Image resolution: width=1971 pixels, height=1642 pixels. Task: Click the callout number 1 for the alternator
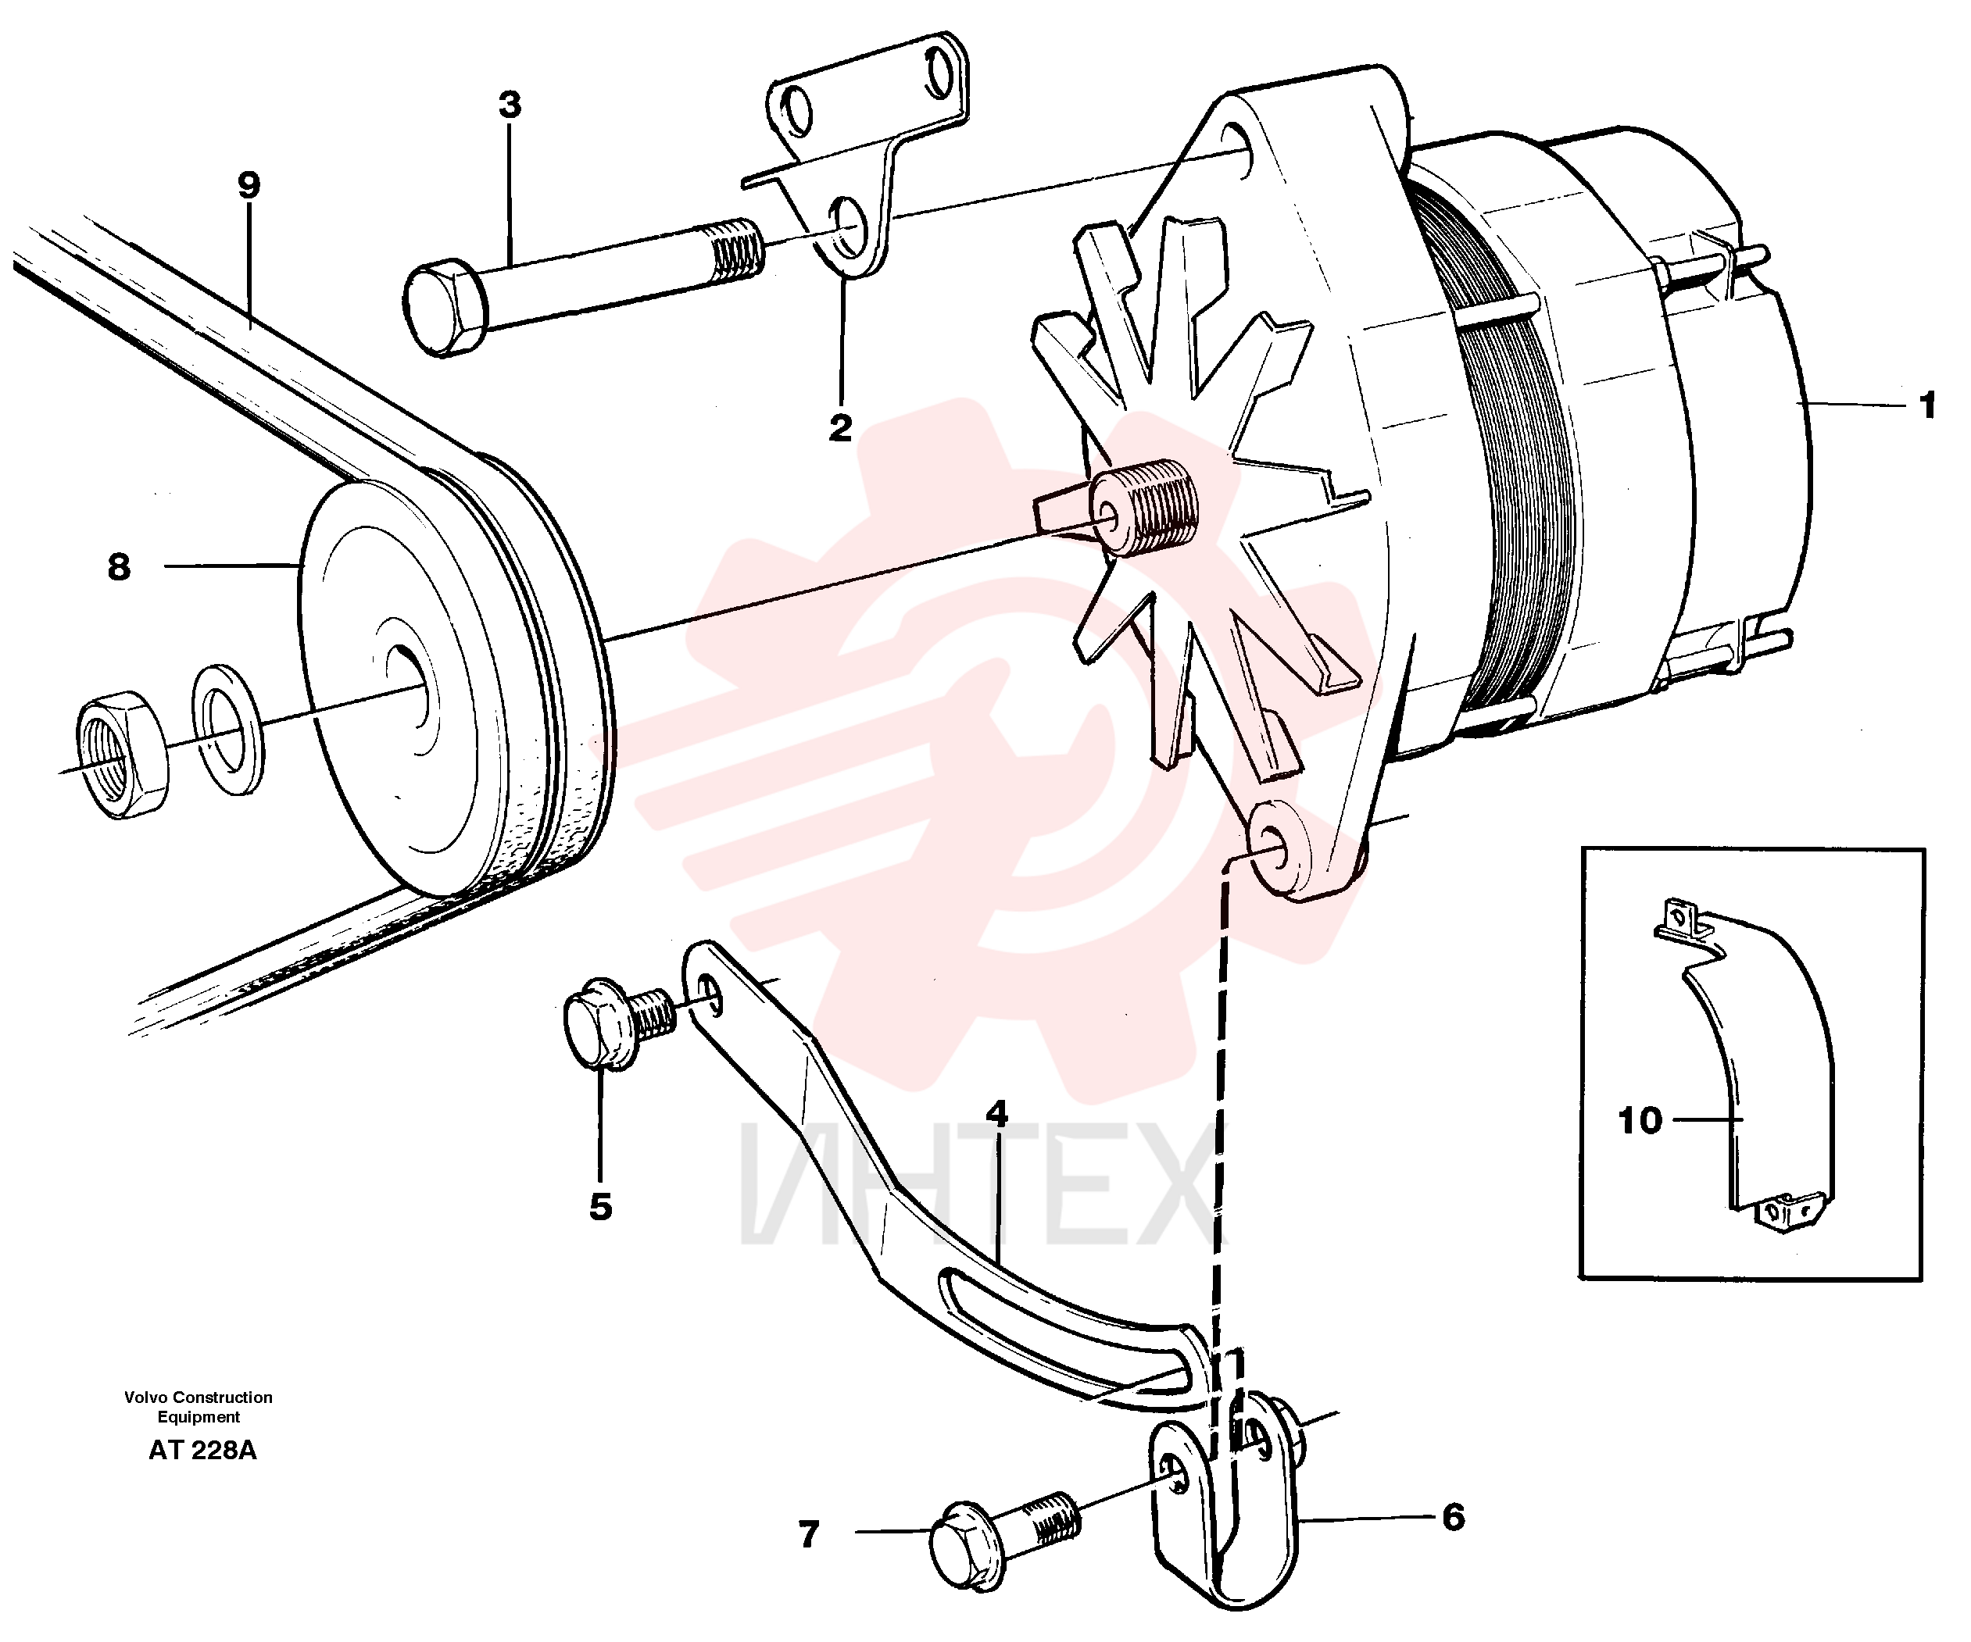pos(1927,406)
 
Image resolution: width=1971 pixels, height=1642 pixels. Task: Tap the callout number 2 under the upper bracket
pos(840,428)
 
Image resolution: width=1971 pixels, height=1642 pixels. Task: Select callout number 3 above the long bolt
pos(510,105)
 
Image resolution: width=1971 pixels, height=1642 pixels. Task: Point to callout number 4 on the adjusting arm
pos(996,1114)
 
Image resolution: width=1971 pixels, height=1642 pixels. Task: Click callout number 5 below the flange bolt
pos(601,1207)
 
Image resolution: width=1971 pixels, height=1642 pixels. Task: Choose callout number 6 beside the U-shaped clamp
pos(1453,1517)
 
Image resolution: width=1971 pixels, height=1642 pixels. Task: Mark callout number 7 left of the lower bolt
pos(809,1534)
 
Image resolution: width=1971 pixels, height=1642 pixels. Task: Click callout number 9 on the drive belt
pos(249,186)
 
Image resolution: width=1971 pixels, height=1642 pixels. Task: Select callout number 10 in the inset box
pos(1640,1120)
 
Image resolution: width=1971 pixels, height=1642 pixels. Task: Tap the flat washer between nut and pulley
pos(228,729)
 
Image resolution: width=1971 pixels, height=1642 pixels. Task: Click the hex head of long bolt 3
pos(445,309)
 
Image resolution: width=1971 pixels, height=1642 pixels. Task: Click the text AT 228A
pos(202,1451)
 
